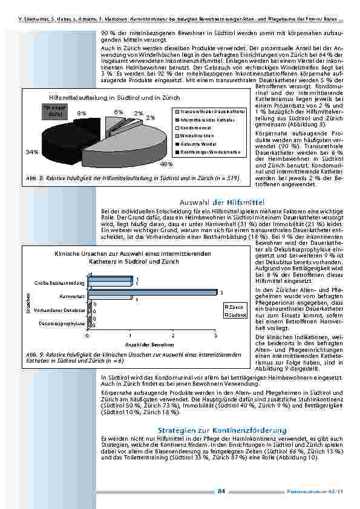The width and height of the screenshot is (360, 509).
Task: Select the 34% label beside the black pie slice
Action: (x=31, y=152)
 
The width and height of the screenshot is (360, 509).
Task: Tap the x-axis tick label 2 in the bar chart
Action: (x=173, y=335)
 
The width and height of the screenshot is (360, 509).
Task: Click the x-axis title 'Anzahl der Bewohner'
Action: (x=151, y=343)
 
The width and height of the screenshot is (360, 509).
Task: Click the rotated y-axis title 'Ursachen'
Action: (x=27, y=303)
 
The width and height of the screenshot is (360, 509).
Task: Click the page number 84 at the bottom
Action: (x=221, y=491)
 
